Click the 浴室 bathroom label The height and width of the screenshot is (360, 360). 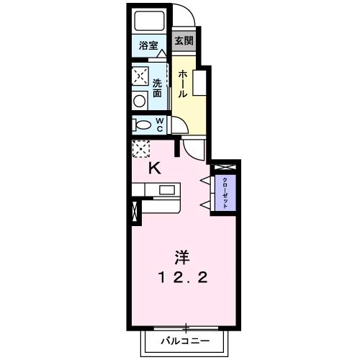[149, 45]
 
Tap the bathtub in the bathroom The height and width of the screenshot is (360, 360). [150, 21]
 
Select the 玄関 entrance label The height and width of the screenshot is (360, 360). [184, 41]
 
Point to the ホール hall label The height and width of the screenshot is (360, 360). [184, 84]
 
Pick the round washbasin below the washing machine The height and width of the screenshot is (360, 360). [140, 100]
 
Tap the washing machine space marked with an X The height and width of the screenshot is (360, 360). [140, 76]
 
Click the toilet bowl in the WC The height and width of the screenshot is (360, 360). [140, 125]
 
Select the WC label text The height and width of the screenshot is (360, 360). [160, 125]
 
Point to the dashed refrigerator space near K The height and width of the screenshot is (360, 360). [140, 149]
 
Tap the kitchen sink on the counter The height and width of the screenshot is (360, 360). [167, 190]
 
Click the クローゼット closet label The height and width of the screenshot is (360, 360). [225, 192]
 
